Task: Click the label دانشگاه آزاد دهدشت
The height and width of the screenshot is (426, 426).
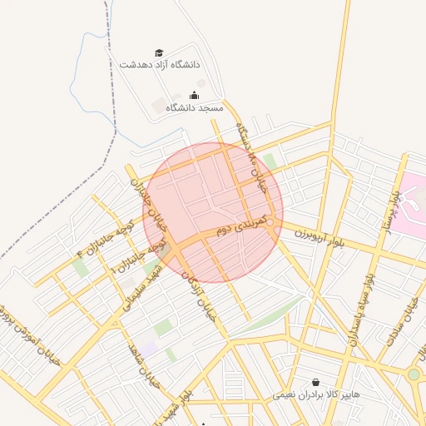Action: (x=161, y=64)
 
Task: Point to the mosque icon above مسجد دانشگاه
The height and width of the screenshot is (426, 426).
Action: (x=194, y=95)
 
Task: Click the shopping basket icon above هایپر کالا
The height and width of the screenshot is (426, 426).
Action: (x=315, y=383)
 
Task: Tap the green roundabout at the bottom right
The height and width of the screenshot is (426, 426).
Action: (x=414, y=374)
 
